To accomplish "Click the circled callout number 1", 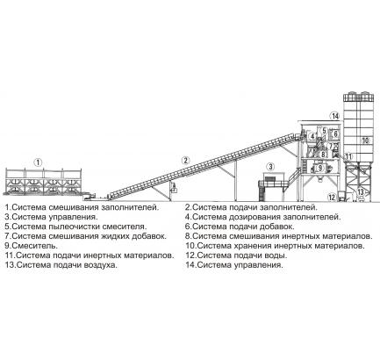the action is [38, 162].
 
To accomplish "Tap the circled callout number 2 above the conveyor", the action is [185, 161].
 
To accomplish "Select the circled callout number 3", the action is [271, 167].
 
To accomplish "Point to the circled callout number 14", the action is [335, 116].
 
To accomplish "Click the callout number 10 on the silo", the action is [365, 140].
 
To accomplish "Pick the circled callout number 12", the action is [332, 198].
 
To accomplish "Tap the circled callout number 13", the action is [361, 192].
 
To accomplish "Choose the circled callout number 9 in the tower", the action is [319, 168].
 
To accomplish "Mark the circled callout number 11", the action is [348, 156].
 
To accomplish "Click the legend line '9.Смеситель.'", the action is [32, 246].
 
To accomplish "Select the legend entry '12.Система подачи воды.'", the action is [236, 256].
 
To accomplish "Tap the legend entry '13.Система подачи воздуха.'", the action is [61, 265].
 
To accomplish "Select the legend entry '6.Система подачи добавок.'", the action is [240, 227].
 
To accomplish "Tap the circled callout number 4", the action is [312, 136].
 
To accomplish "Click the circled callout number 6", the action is [335, 133].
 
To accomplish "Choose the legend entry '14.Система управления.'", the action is [234, 265].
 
